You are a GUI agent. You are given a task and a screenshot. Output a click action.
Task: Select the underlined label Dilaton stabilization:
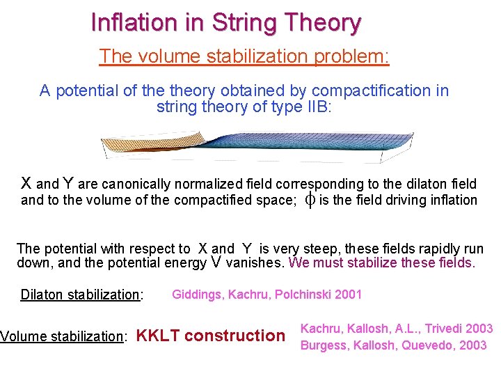[x=81, y=295]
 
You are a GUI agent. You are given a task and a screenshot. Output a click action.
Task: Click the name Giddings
[x=197, y=294]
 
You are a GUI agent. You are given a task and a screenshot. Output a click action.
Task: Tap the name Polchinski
[x=300, y=294]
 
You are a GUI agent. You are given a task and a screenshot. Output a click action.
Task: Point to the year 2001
[x=347, y=294]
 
